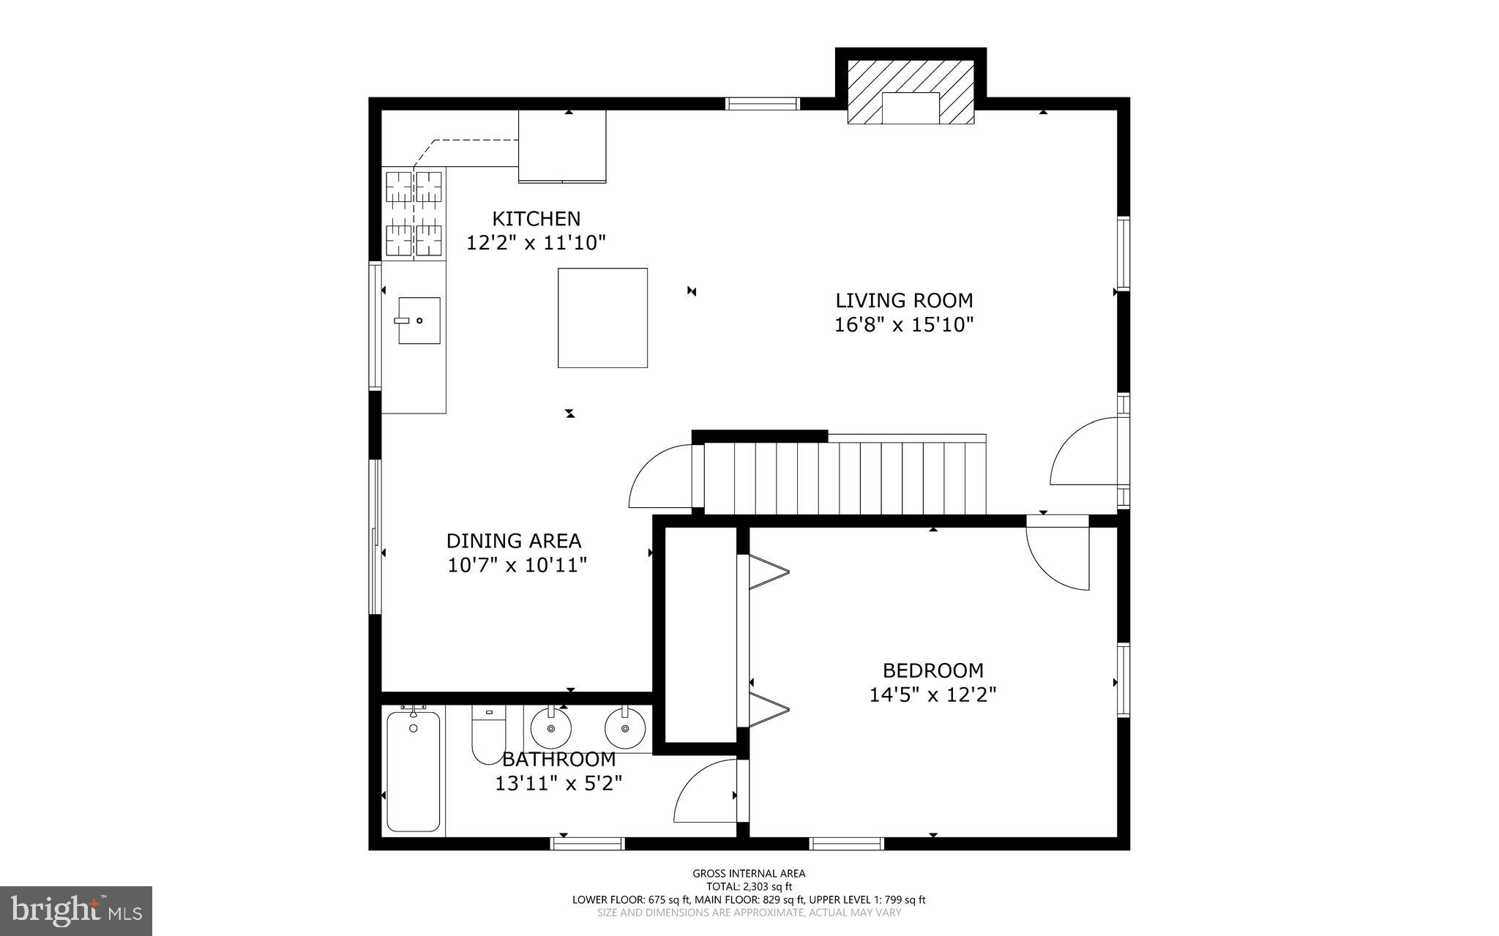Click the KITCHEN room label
(536, 219)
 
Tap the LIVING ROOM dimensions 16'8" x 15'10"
(904, 324)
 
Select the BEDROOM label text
(932, 670)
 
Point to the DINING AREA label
(514, 541)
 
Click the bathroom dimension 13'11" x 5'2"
(558, 784)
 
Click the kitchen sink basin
(419, 321)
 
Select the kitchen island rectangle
(602, 318)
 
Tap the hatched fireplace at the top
(911, 91)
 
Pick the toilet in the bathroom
(487, 734)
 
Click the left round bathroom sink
(550, 729)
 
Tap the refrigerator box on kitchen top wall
(562, 146)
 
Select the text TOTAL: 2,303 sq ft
(749, 886)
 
